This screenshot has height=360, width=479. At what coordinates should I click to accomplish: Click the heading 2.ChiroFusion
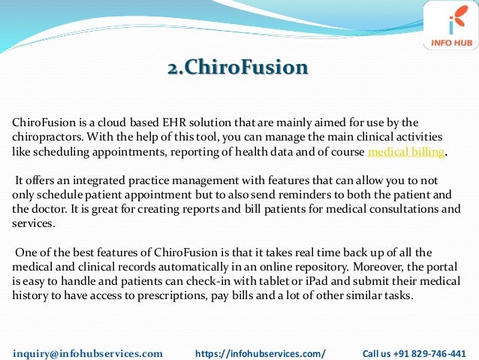click(x=237, y=68)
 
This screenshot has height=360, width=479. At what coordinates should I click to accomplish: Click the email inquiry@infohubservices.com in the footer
click(x=88, y=352)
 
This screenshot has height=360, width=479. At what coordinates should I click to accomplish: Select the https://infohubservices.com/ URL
click(x=260, y=352)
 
